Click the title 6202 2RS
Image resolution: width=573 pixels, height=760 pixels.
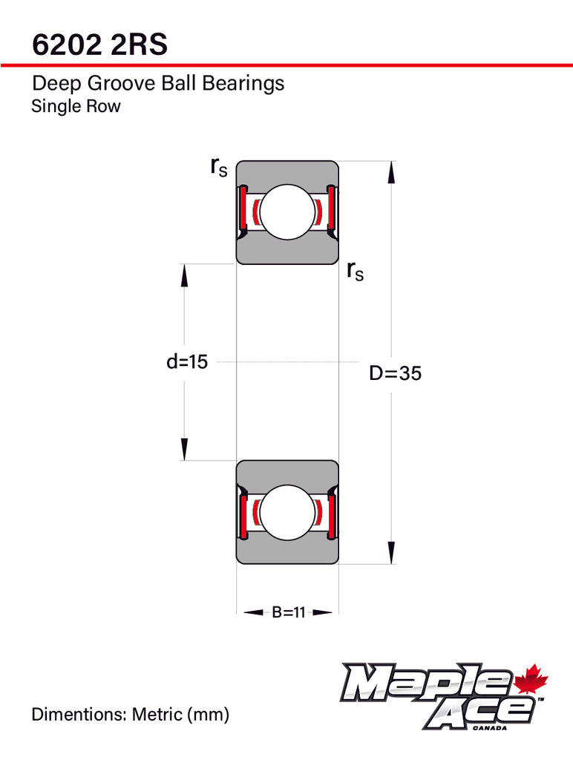[x=99, y=44]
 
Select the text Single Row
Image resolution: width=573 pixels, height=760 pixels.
[x=76, y=106]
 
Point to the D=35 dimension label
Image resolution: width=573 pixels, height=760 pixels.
[x=395, y=373]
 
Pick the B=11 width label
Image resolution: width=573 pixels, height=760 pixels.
[x=287, y=612]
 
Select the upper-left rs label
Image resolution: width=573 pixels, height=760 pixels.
[x=218, y=167]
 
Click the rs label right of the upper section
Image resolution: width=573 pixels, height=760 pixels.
[x=355, y=272]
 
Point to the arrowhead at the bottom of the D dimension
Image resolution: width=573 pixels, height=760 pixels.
[x=390, y=553]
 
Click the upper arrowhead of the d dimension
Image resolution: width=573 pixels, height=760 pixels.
[x=184, y=276]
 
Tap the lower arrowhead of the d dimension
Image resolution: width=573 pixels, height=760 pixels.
[x=184, y=448]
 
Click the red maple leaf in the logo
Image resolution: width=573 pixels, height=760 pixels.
[x=530, y=681]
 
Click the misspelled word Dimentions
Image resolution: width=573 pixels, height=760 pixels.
[x=79, y=715]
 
